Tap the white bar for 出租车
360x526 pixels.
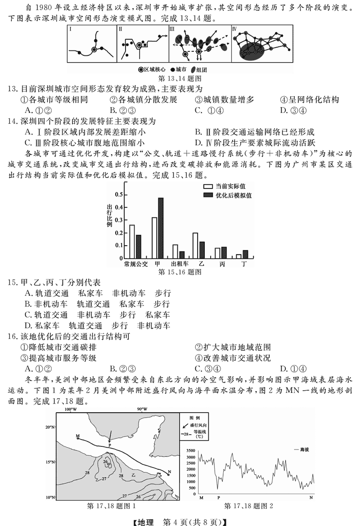[175, 252]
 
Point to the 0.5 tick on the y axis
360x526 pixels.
[119, 194]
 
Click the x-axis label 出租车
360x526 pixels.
[179, 264]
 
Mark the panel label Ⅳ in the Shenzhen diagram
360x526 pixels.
[234, 29]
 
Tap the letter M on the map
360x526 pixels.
[77, 436]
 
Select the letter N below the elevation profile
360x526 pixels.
[311, 497]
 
